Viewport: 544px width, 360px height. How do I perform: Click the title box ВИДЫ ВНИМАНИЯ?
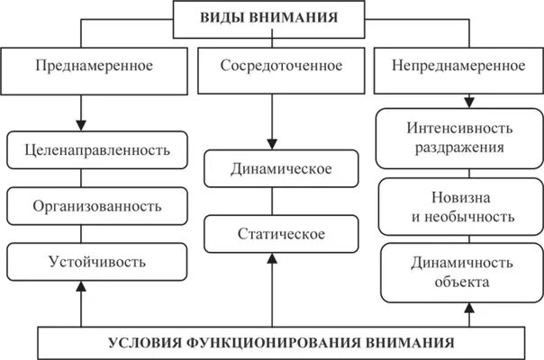[271, 19]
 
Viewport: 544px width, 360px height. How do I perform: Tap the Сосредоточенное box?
[269, 66]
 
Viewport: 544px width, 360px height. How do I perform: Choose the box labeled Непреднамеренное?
[459, 66]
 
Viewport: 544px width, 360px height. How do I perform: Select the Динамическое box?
[269, 169]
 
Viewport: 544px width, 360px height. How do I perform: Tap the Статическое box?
[269, 235]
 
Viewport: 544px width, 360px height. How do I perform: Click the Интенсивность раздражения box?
[459, 137]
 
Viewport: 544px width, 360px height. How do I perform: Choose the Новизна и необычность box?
[459, 207]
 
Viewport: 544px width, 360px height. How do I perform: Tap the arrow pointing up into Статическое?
[269, 289]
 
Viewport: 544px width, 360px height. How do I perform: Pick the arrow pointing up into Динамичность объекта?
[467, 315]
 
